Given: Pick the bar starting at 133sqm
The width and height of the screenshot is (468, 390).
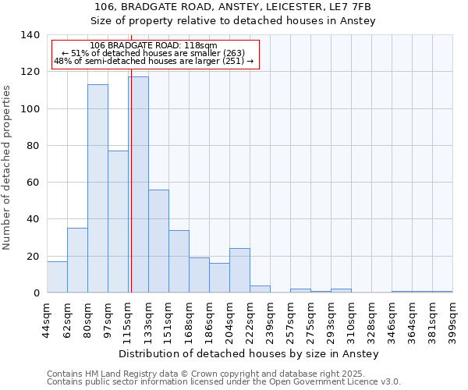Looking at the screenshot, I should point(158,241).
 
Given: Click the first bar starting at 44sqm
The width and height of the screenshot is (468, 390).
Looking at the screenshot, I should point(57,277).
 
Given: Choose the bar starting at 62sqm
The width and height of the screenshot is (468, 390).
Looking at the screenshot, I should point(77,261).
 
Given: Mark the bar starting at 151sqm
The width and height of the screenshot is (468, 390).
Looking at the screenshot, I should point(179,261).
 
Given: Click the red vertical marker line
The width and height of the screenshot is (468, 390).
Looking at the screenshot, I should point(131,156).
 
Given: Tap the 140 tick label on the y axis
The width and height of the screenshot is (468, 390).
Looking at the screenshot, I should point(30,35).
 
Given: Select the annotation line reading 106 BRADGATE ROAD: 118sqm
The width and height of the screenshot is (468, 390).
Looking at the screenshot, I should point(154,45).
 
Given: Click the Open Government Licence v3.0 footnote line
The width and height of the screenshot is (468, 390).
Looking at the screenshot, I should point(223,382).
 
